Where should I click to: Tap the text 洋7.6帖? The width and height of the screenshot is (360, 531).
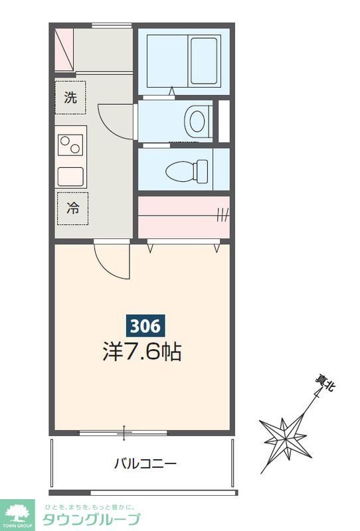[142, 351]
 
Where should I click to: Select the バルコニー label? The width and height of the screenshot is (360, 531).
[145, 463]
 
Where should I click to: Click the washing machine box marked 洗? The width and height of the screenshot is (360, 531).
[71, 98]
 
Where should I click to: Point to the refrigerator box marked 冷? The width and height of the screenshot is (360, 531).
[72, 208]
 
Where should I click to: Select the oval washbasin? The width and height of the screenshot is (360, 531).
[197, 121]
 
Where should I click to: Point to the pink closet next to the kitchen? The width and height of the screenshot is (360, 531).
[183, 216]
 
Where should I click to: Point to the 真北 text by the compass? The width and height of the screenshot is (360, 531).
[323, 386]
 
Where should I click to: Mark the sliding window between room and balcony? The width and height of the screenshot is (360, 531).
[124, 433]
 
